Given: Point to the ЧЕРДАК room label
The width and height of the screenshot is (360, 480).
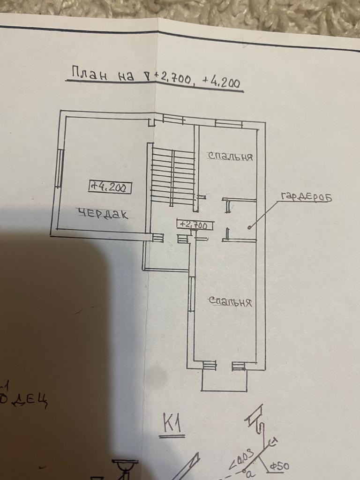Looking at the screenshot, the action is [103, 214].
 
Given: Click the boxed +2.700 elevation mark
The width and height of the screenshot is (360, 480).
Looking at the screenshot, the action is [194, 225].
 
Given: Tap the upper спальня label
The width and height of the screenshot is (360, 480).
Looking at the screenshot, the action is [231, 157].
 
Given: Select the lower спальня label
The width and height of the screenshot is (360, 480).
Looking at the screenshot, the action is [231, 302].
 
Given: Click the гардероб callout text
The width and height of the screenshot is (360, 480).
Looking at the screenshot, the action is [306, 197].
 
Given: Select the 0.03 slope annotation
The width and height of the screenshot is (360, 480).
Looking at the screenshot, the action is [242, 458].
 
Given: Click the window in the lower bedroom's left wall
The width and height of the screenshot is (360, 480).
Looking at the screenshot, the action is [191, 294].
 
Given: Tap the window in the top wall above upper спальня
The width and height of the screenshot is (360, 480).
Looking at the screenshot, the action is [229, 124].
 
